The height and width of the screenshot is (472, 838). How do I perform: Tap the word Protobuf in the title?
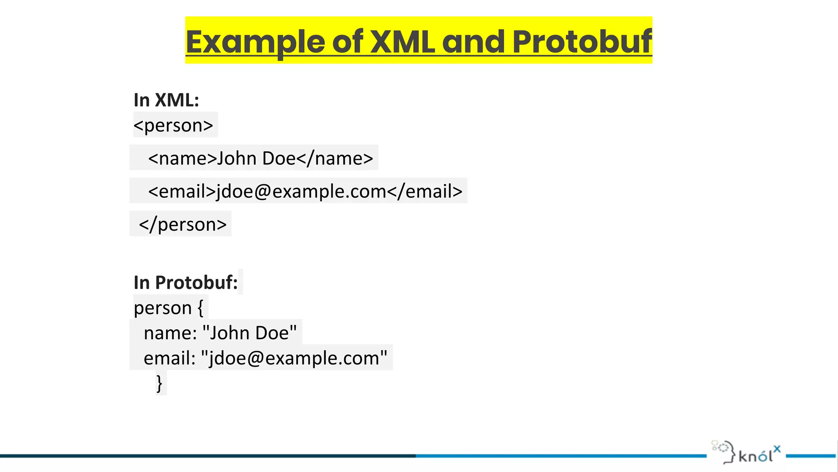click(581, 42)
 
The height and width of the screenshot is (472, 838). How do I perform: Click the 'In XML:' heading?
click(166, 100)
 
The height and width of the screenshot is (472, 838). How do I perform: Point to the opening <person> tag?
click(173, 125)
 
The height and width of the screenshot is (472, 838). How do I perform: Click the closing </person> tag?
click(182, 225)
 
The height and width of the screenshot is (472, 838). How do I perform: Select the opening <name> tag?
click(182, 159)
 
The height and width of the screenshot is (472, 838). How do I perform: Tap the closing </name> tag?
click(335, 159)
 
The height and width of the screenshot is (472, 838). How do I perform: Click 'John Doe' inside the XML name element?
click(256, 159)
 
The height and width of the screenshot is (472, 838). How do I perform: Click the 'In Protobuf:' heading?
click(186, 283)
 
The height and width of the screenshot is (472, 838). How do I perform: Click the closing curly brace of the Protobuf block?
click(159, 383)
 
